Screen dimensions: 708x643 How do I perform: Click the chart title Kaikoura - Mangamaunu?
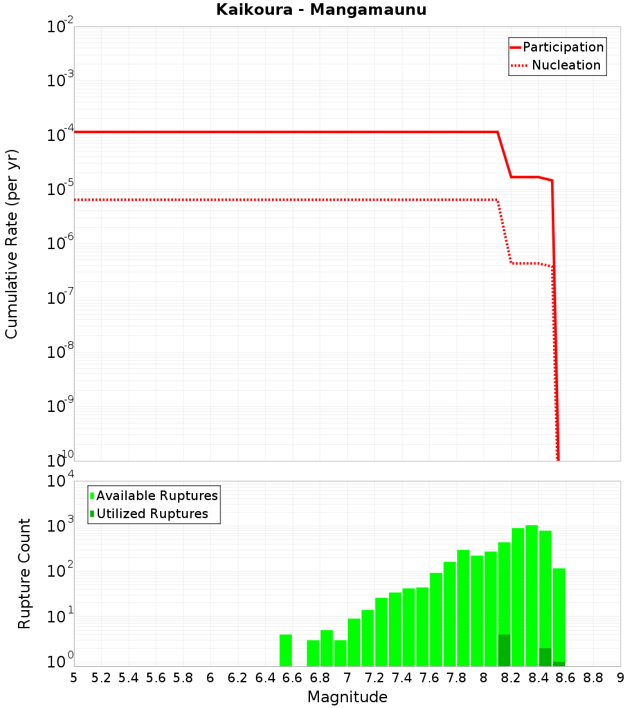click(321, 10)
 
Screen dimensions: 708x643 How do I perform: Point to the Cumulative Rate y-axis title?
click(12, 244)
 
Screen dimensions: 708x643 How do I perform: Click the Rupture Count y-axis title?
click(24, 573)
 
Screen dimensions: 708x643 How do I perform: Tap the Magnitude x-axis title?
click(347, 697)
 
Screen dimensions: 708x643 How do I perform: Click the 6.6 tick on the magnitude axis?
click(293, 678)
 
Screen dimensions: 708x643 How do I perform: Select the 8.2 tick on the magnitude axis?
click(511, 678)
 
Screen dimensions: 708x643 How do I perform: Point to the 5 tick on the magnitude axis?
click(74, 678)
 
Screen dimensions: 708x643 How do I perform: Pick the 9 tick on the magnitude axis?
click(620, 678)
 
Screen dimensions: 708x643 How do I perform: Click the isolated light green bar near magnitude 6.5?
click(286, 650)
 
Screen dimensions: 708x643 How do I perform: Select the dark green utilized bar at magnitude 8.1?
click(504, 650)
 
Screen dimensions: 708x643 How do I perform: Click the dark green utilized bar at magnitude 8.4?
click(545, 657)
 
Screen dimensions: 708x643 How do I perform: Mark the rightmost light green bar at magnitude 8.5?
click(559, 615)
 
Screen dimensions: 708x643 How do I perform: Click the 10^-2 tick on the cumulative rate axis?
click(60, 28)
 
